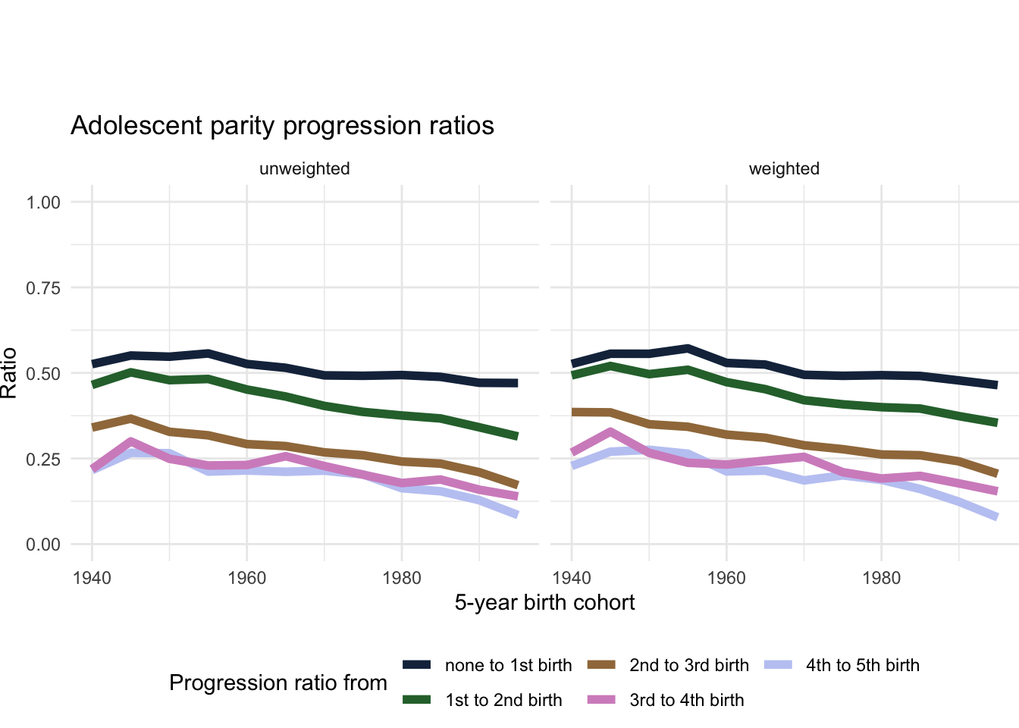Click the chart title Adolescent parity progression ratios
pyautogui.click(x=282, y=126)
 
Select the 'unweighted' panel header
pyautogui.click(x=305, y=169)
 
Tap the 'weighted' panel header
pyautogui.click(x=784, y=169)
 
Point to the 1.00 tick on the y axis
pyautogui.click(x=43, y=202)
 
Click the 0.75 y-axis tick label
pyautogui.click(x=43, y=288)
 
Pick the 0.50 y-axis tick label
pyautogui.click(x=43, y=374)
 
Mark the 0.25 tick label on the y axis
pyautogui.click(x=43, y=460)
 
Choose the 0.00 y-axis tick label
pyautogui.click(x=43, y=544)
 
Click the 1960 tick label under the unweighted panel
pyautogui.click(x=246, y=579)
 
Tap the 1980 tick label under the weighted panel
pyautogui.click(x=881, y=579)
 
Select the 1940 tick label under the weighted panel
pyautogui.click(x=572, y=579)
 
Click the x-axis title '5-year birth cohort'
pyautogui.click(x=544, y=603)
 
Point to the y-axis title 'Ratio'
pyautogui.click(x=9, y=373)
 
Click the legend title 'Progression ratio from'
pyautogui.click(x=278, y=683)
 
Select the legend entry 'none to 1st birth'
pyautogui.click(x=508, y=666)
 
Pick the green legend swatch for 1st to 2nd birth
pyautogui.click(x=417, y=700)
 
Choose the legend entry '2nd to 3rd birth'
pyautogui.click(x=688, y=666)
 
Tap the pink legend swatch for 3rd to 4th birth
pyautogui.click(x=601, y=700)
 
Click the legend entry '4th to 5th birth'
pyautogui.click(x=862, y=666)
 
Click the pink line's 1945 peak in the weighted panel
pyautogui.click(x=610, y=432)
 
